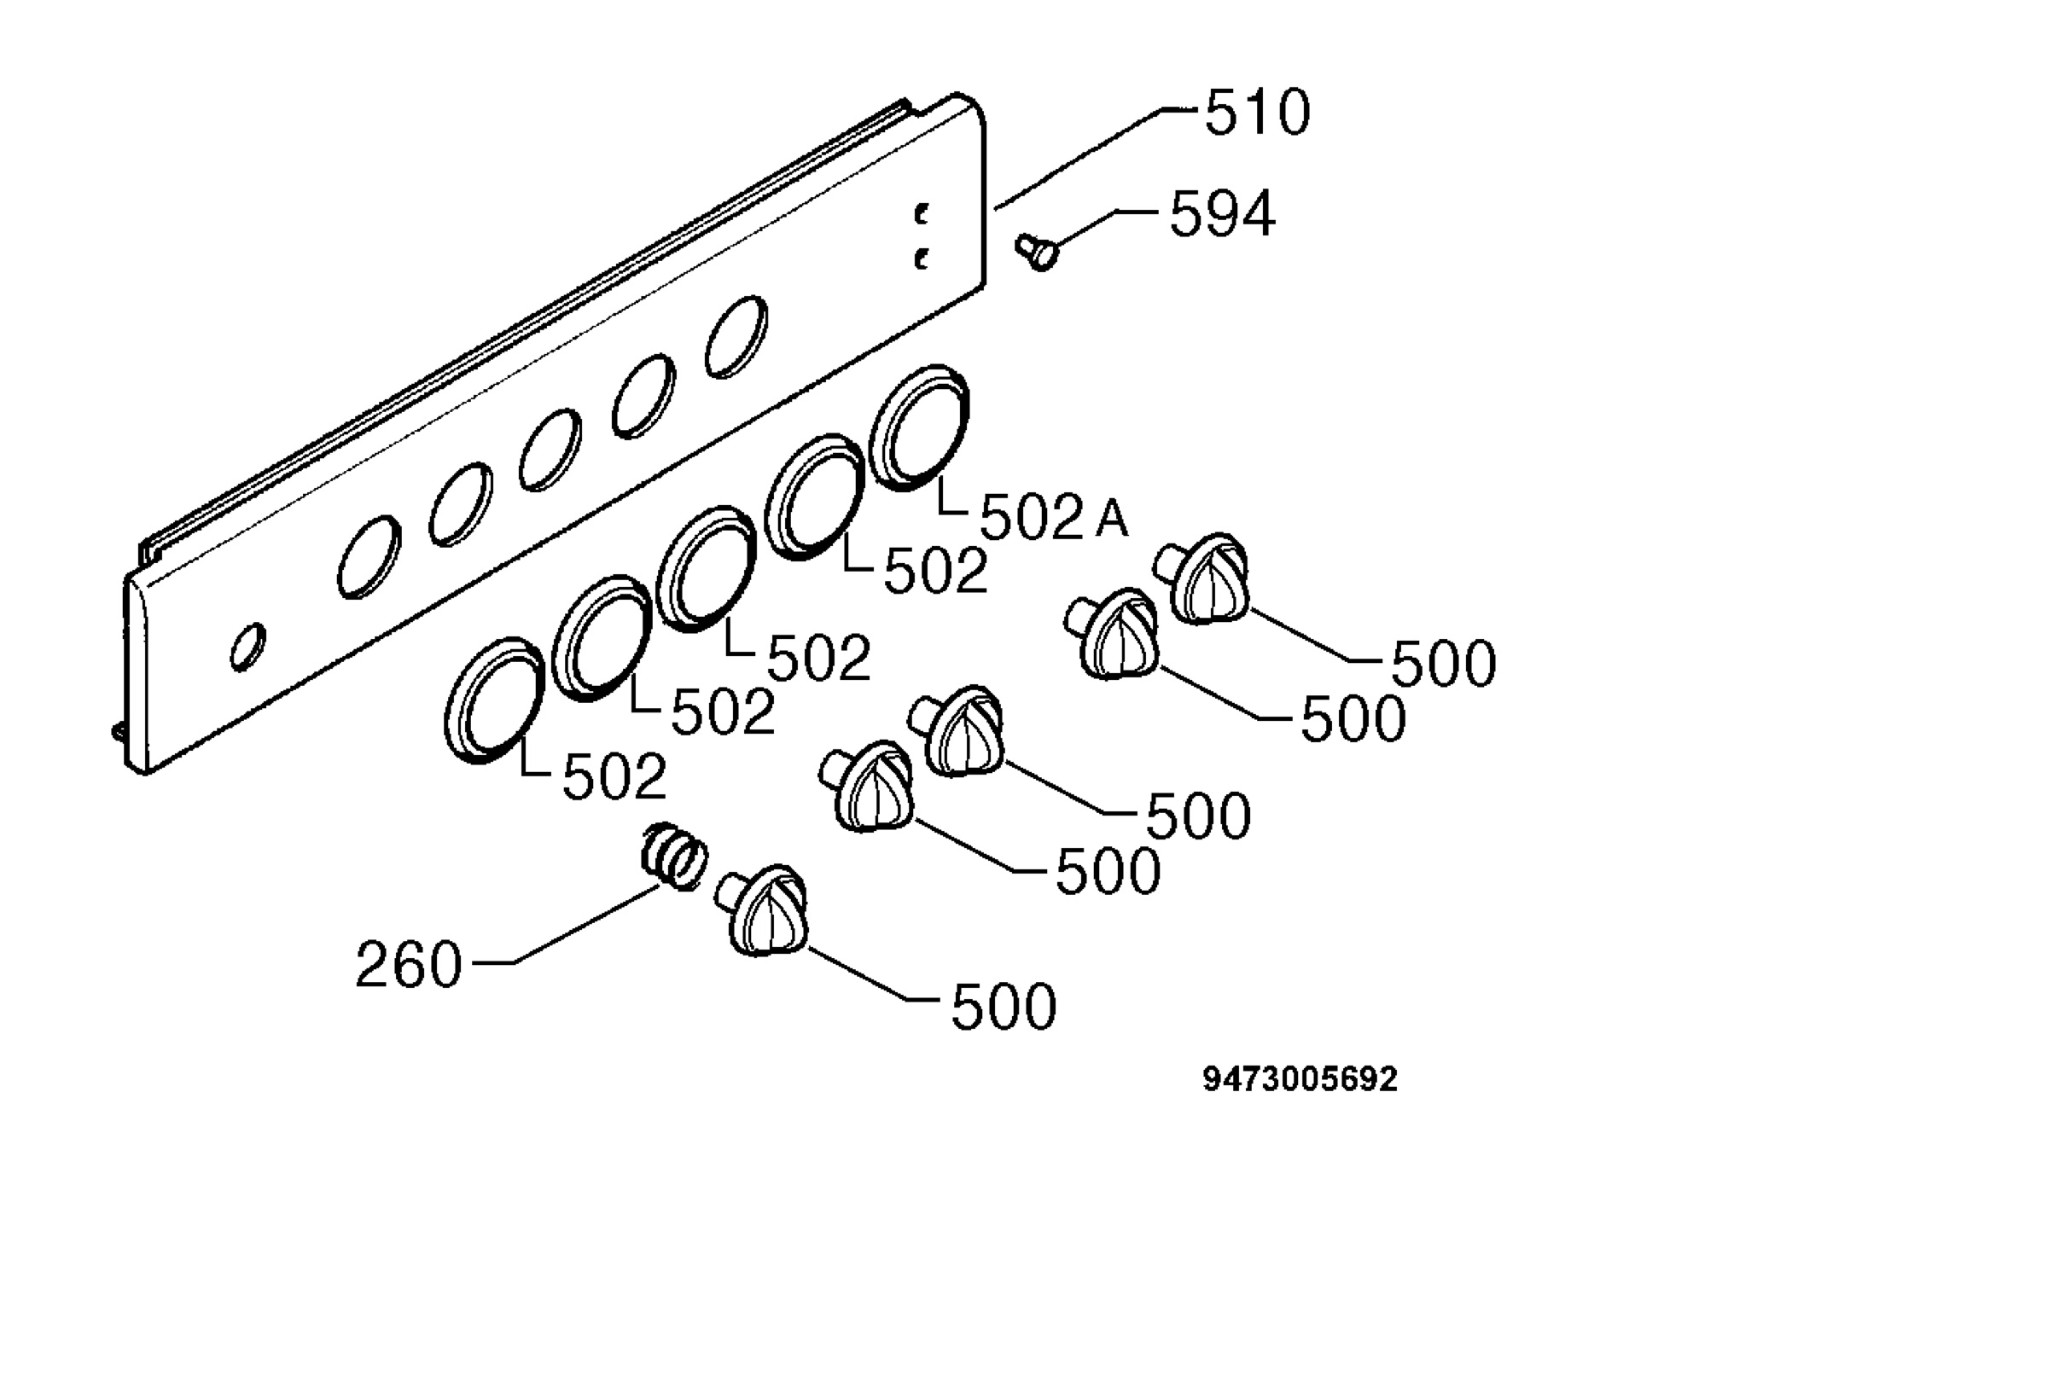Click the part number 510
click(1258, 113)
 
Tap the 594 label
click(1221, 214)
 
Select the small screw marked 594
click(1036, 252)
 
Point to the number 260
click(409, 965)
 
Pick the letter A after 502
click(1112, 519)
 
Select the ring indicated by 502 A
click(919, 428)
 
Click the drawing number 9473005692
click(1300, 1079)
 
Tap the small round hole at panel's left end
click(247, 648)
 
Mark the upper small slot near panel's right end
click(922, 213)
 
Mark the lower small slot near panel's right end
click(922, 259)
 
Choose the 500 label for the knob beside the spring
click(1004, 1008)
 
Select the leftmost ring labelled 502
click(493, 700)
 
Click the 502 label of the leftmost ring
click(614, 778)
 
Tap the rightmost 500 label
click(1444, 665)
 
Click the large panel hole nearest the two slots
click(736, 338)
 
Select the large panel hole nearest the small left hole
click(369, 557)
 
